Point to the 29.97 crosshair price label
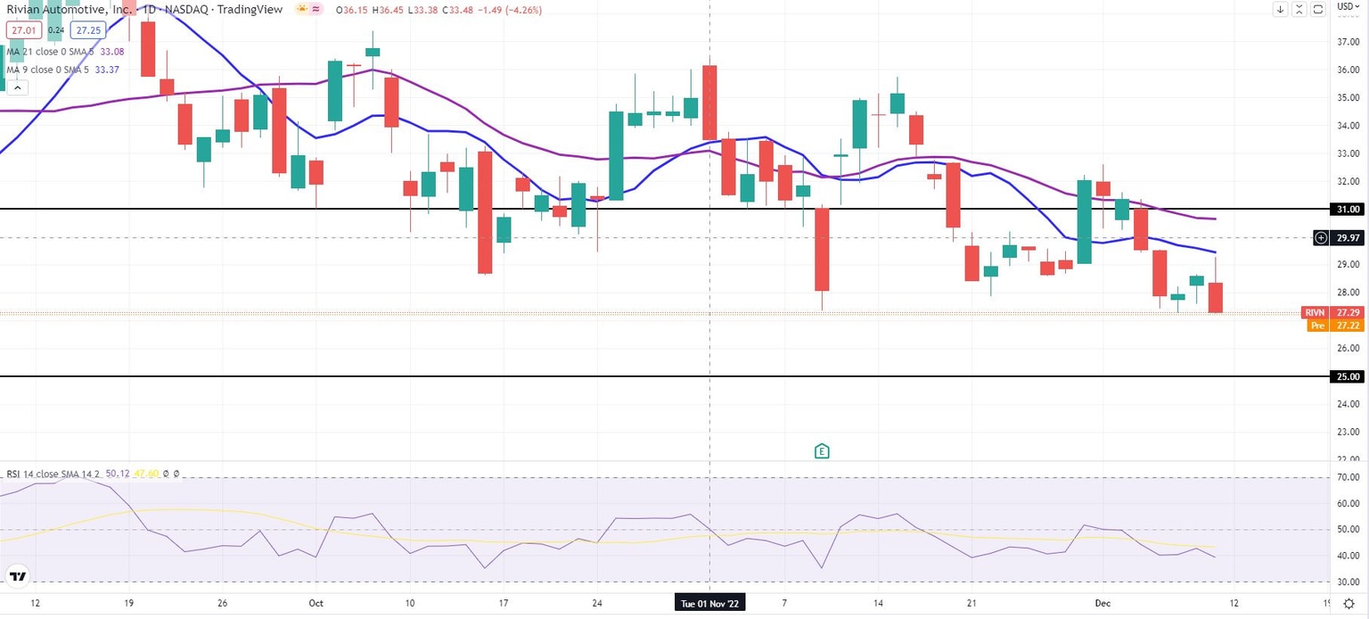pyautogui.click(x=1348, y=238)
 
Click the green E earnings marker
pyautogui.click(x=822, y=451)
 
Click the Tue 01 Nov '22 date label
pyautogui.click(x=709, y=603)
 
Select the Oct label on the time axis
pyautogui.click(x=316, y=603)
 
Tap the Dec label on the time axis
pyautogui.click(x=1102, y=603)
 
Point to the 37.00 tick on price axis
pyautogui.click(x=1348, y=42)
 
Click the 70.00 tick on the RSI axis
pyautogui.click(x=1348, y=478)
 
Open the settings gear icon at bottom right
pyautogui.click(x=1349, y=604)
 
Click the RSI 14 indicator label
pyautogui.click(x=53, y=474)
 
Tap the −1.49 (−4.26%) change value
pyautogui.click(x=509, y=10)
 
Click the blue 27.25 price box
pyautogui.click(x=88, y=29)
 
